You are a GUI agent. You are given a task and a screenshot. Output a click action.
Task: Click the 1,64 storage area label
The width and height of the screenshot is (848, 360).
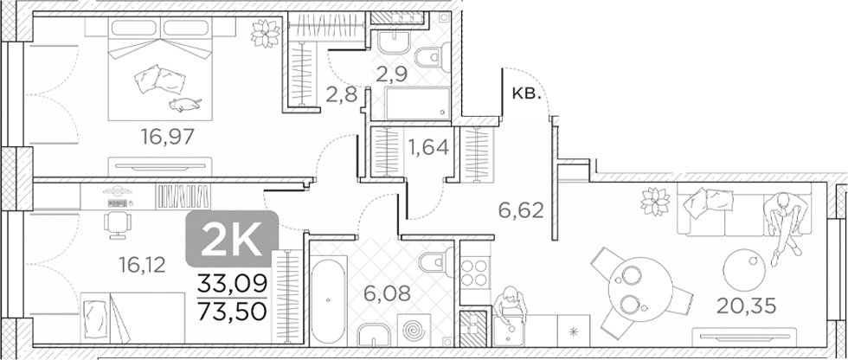click(x=427, y=146)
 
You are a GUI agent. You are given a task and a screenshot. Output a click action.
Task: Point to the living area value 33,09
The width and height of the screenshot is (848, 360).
click(x=233, y=282)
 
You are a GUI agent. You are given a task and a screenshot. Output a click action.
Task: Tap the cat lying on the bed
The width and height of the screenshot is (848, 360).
click(x=183, y=105)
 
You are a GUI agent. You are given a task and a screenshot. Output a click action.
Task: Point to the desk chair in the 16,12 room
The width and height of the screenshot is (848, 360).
click(x=114, y=222)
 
